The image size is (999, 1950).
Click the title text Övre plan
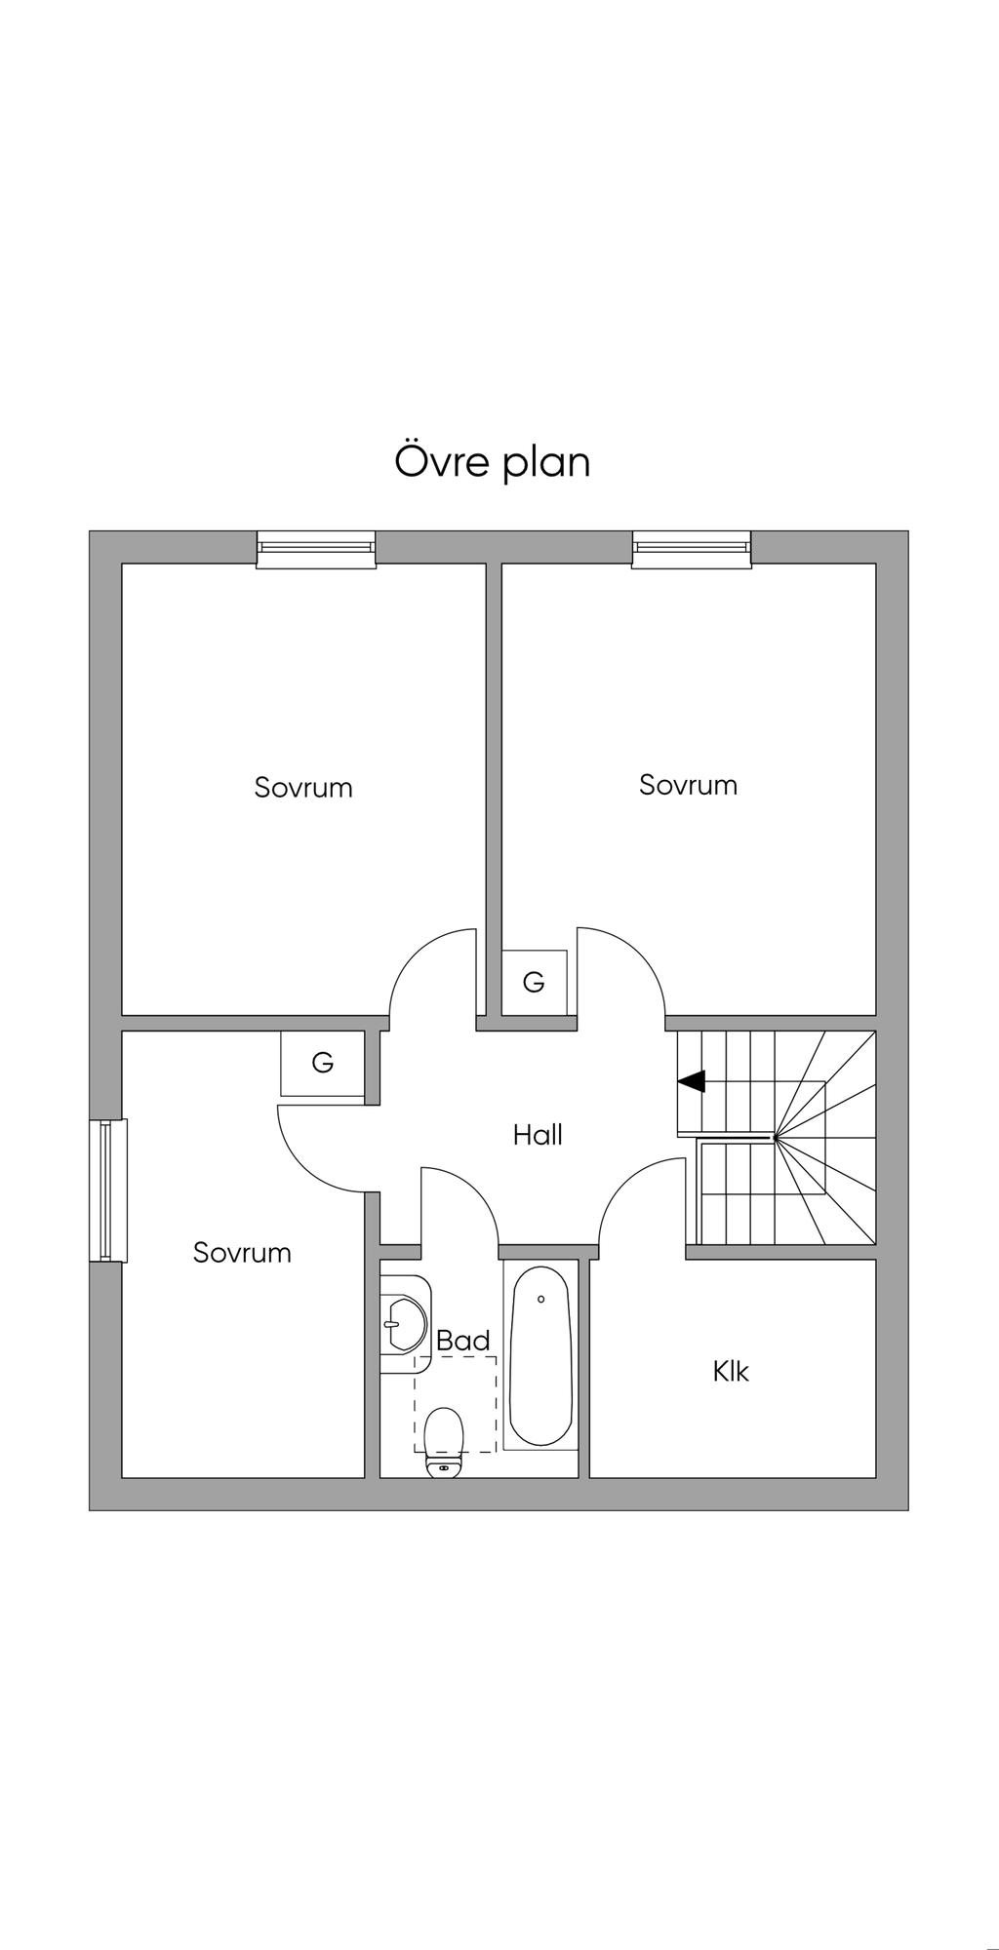pyautogui.click(x=493, y=461)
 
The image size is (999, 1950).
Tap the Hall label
pyautogui.click(x=538, y=1134)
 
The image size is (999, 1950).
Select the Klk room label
pyautogui.click(x=731, y=1371)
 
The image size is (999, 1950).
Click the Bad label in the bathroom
pyautogui.click(x=463, y=1341)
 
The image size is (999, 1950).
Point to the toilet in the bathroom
pyautogui.click(x=444, y=1442)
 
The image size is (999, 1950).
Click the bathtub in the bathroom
pyautogui.click(x=540, y=1355)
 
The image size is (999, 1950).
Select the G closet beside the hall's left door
pyautogui.click(x=323, y=1064)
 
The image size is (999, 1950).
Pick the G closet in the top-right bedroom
pyautogui.click(x=534, y=982)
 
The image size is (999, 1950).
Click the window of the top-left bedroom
pyautogui.click(x=316, y=549)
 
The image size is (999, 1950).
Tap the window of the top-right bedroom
pyautogui.click(x=692, y=549)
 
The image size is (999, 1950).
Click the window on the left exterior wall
pyautogui.click(x=108, y=1190)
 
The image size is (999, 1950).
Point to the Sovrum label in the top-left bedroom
pyautogui.click(x=303, y=787)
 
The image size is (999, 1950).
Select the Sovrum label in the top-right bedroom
pyautogui.click(x=688, y=785)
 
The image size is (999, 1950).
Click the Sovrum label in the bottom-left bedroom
pyautogui.click(x=242, y=1252)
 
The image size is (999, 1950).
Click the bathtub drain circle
pyautogui.click(x=540, y=1299)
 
